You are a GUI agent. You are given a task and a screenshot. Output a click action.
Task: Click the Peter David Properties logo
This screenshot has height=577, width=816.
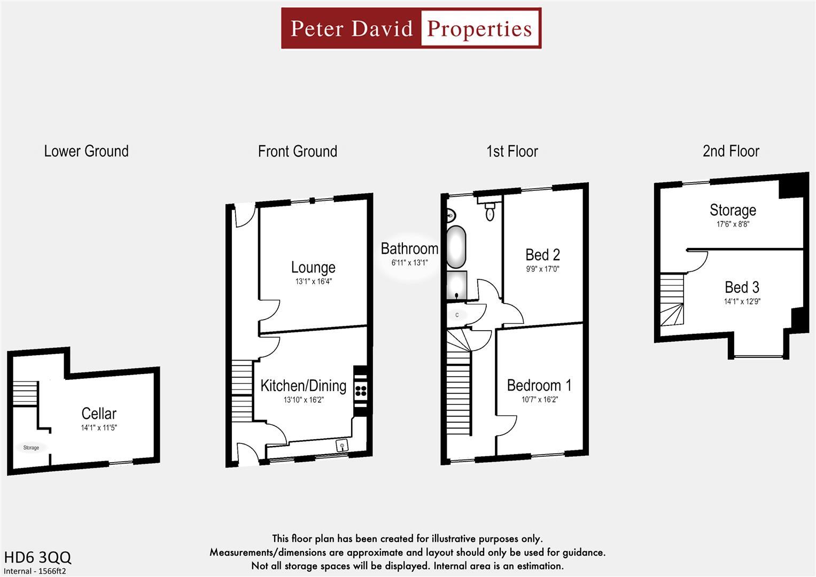tap(411, 28)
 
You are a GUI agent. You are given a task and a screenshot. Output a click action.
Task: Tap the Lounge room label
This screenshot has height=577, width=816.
tap(313, 267)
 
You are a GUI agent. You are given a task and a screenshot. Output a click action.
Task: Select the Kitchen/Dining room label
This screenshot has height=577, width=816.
tap(303, 385)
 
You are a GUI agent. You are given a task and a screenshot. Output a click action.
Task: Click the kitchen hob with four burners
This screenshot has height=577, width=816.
tap(361, 389)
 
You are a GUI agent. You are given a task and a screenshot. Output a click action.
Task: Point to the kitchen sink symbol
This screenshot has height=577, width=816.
tap(341, 445)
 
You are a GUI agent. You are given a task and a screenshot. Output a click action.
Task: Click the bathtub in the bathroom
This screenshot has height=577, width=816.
tap(455, 247)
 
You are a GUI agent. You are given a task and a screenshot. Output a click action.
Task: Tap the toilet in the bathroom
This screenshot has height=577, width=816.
tap(489, 214)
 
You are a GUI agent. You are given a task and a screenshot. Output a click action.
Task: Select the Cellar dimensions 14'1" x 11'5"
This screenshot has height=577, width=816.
tap(99, 428)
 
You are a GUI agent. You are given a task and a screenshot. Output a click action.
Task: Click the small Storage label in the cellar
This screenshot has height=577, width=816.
tap(31, 448)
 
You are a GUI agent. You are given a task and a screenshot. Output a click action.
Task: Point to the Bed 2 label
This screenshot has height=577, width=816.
tap(542, 255)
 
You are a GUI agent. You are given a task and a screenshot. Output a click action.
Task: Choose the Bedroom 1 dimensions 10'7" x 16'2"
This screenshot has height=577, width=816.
tap(539, 400)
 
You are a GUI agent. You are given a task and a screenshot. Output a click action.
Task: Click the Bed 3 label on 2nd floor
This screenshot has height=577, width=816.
tap(742, 287)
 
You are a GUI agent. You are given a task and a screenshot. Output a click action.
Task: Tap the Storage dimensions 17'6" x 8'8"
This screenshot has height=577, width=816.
tap(733, 224)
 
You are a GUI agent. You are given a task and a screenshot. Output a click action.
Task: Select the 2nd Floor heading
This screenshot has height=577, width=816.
tap(730, 151)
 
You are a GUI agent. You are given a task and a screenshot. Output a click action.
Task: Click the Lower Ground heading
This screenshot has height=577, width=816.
tap(86, 151)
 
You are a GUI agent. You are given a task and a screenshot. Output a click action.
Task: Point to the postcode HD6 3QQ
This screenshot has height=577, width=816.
tap(37, 557)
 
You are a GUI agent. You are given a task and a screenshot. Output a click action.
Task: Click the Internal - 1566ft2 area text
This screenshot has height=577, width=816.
tap(35, 571)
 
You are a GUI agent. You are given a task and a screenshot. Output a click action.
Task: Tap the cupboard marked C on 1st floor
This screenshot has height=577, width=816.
tap(457, 315)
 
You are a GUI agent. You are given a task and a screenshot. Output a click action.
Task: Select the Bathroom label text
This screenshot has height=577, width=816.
tap(409, 248)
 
